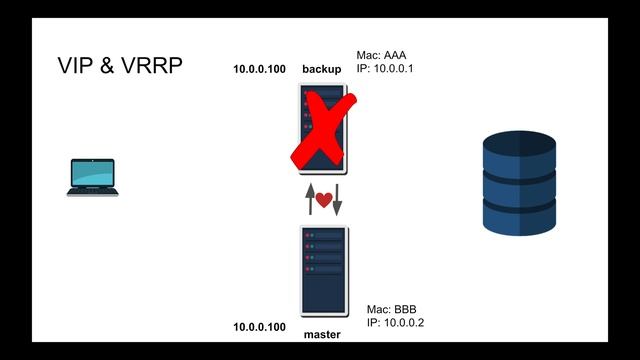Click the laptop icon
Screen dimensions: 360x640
[x=93, y=178]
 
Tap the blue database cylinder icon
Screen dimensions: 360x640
[x=518, y=183]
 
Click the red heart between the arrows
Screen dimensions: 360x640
[x=323, y=200]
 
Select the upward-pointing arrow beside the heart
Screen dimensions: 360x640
[x=310, y=199]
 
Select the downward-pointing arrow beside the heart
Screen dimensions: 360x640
[x=337, y=199]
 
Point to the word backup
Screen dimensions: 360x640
[x=321, y=69]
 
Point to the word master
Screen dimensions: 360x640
[x=322, y=335]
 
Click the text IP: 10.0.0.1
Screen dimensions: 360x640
[x=385, y=69]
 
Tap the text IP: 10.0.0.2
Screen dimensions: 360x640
[x=396, y=324]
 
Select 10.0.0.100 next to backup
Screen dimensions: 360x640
[x=259, y=69]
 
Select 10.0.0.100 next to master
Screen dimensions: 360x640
[x=259, y=327]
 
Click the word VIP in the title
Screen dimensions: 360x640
[x=77, y=68]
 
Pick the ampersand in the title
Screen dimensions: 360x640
[x=108, y=68]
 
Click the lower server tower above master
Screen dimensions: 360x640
[x=324, y=271]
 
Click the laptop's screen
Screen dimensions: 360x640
[x=93, y=173]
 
